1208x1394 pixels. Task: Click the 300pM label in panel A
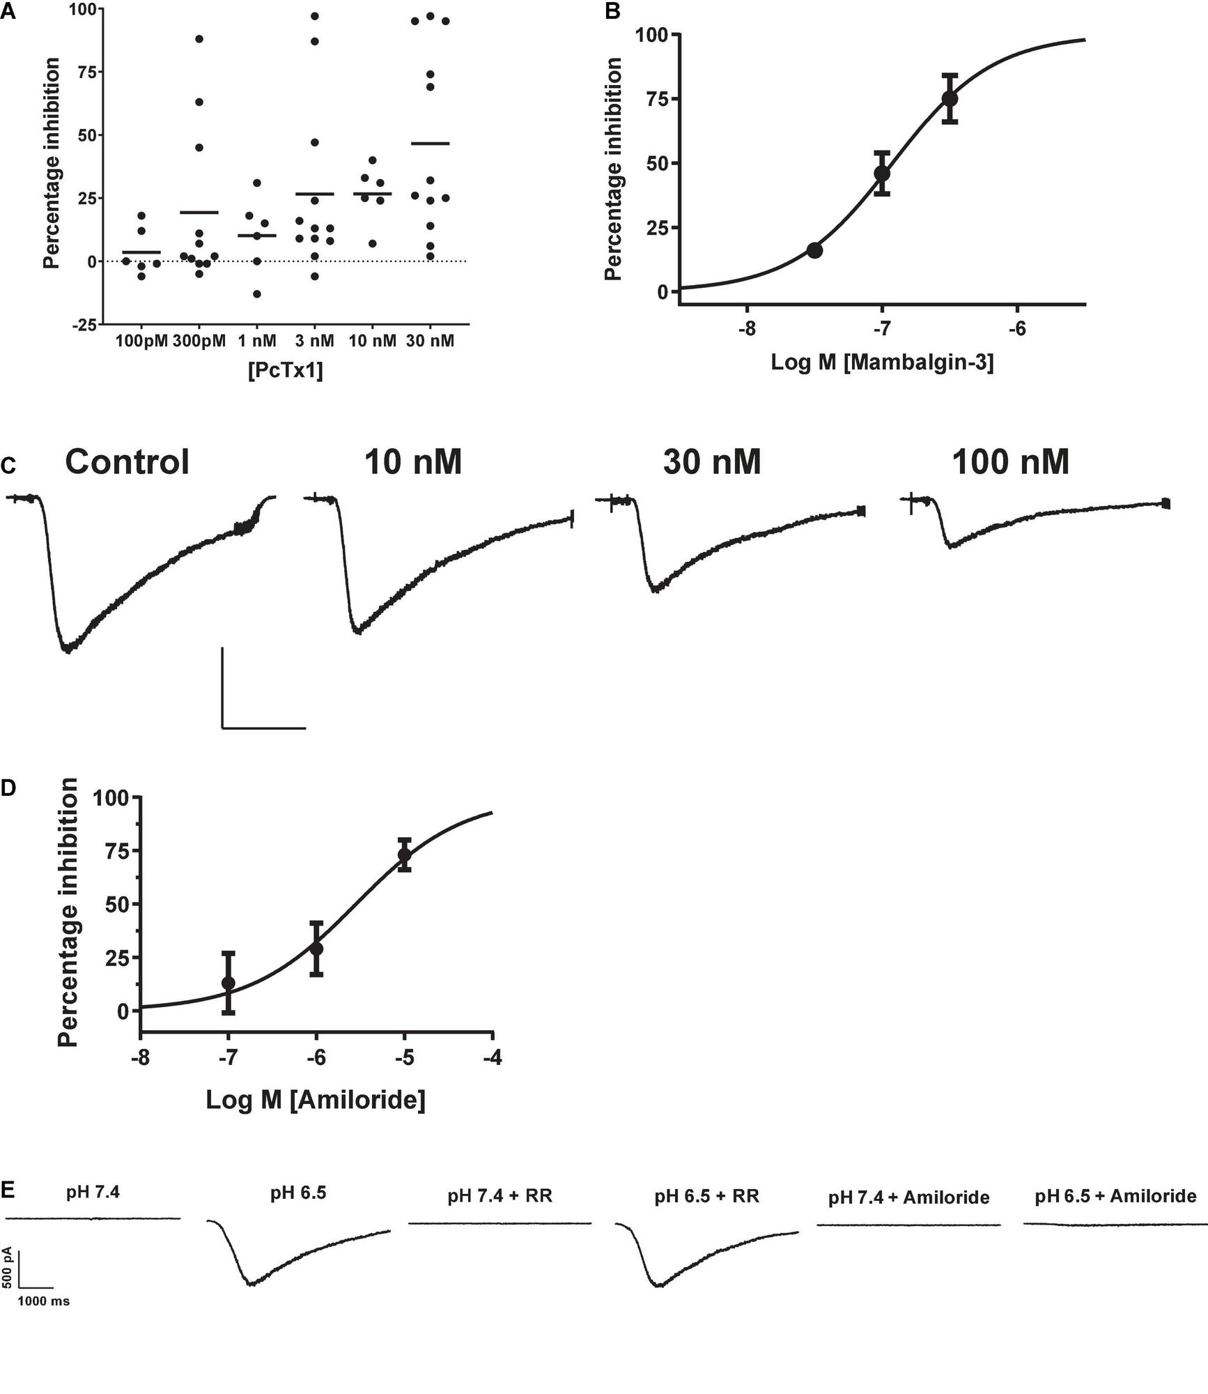pos(199,341)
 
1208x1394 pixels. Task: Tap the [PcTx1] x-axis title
pos(285,370)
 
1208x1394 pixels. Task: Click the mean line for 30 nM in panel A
pos(431,144)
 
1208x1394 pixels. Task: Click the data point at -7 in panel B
pos(882,173)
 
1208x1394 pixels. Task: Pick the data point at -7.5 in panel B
pos(814,250)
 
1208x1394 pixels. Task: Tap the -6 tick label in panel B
pos(1017,328)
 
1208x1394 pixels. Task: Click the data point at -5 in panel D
pos(405,855)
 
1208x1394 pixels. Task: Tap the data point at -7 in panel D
pos(229,983)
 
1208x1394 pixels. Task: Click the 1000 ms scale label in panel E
pos(43,1301)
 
